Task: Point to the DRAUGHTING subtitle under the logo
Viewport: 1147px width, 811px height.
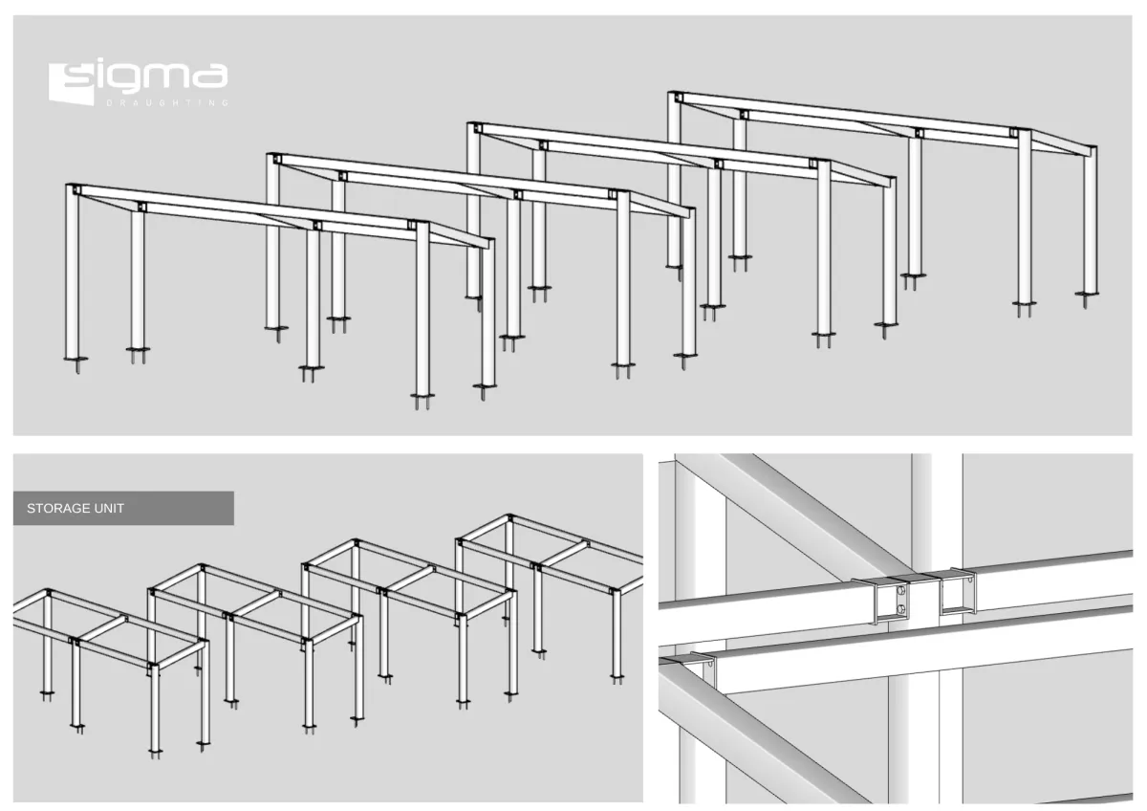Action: tap(167, 103)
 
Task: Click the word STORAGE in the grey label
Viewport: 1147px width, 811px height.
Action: tap(54, 508)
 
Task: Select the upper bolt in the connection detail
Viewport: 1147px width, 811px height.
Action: tap(901, 591)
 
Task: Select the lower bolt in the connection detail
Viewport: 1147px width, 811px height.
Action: tap(901, 609)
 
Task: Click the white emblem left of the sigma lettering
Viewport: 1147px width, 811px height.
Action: tap(71, 84)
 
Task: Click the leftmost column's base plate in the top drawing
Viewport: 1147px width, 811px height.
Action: tap(76, 359)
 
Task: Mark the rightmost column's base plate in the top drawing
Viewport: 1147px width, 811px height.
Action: tap(1086, 294)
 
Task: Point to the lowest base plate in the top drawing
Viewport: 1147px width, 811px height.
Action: tap(422, 395)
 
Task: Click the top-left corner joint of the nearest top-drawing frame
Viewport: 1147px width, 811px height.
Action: tap(76, 190)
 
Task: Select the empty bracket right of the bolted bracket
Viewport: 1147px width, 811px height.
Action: tap(957, 592)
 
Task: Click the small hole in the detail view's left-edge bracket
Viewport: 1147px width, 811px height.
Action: tap(710, 664)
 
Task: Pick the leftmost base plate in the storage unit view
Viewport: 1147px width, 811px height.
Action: tap(47, 693)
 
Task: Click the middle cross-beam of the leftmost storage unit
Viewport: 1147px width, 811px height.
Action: tap(102, 629)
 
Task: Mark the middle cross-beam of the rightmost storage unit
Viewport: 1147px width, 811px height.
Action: tap(565, 554)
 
